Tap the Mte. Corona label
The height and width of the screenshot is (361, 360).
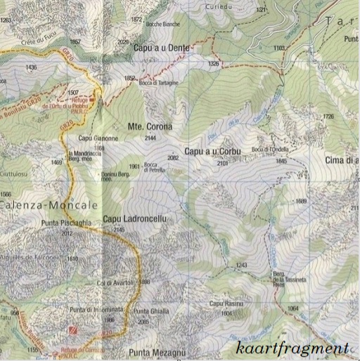[149, 127]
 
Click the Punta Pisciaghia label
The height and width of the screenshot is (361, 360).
[86, 223]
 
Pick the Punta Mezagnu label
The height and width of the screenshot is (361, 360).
[157, 352]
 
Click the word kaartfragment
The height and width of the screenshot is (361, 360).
[292, 347]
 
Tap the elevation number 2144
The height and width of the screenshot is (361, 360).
[149, 138]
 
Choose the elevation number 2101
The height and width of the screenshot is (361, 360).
[223, 163]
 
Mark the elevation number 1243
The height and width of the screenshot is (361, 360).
[243, 265]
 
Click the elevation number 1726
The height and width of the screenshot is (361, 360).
[328, 117]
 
